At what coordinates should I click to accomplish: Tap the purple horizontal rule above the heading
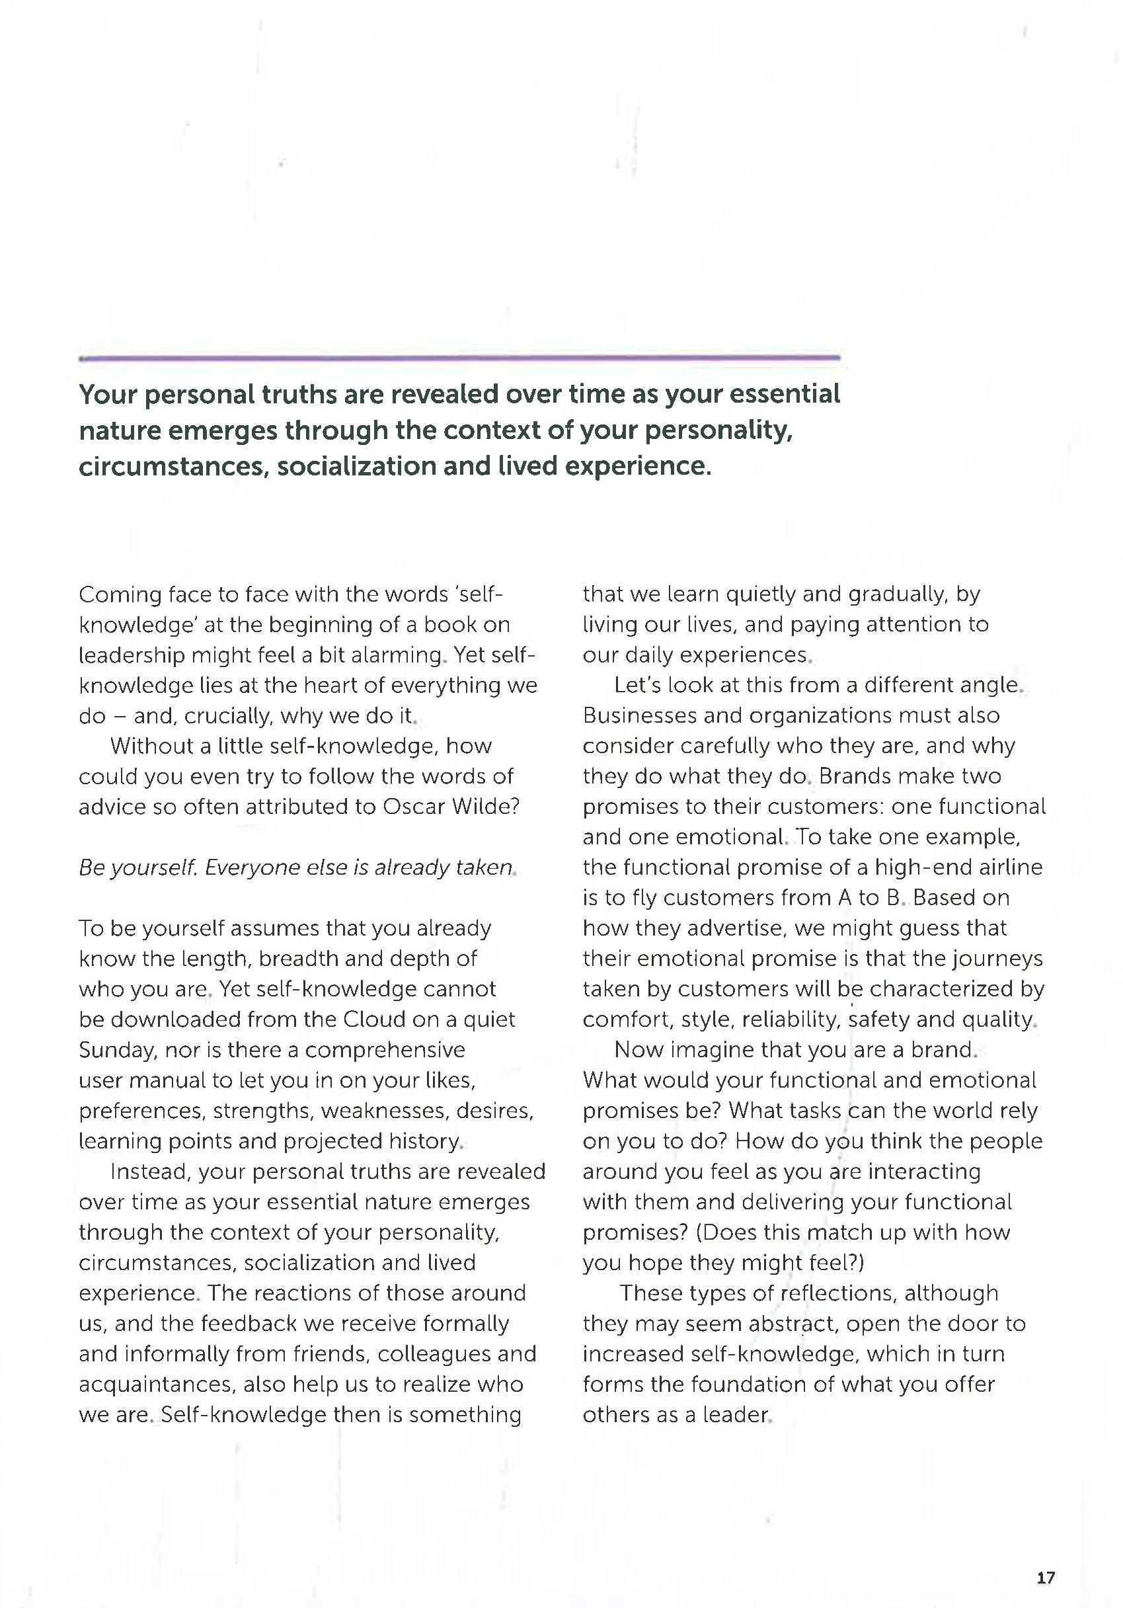coord(459,358)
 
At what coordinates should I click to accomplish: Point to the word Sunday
coord(118,1051)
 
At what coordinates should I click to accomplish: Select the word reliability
coord(790,1020)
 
